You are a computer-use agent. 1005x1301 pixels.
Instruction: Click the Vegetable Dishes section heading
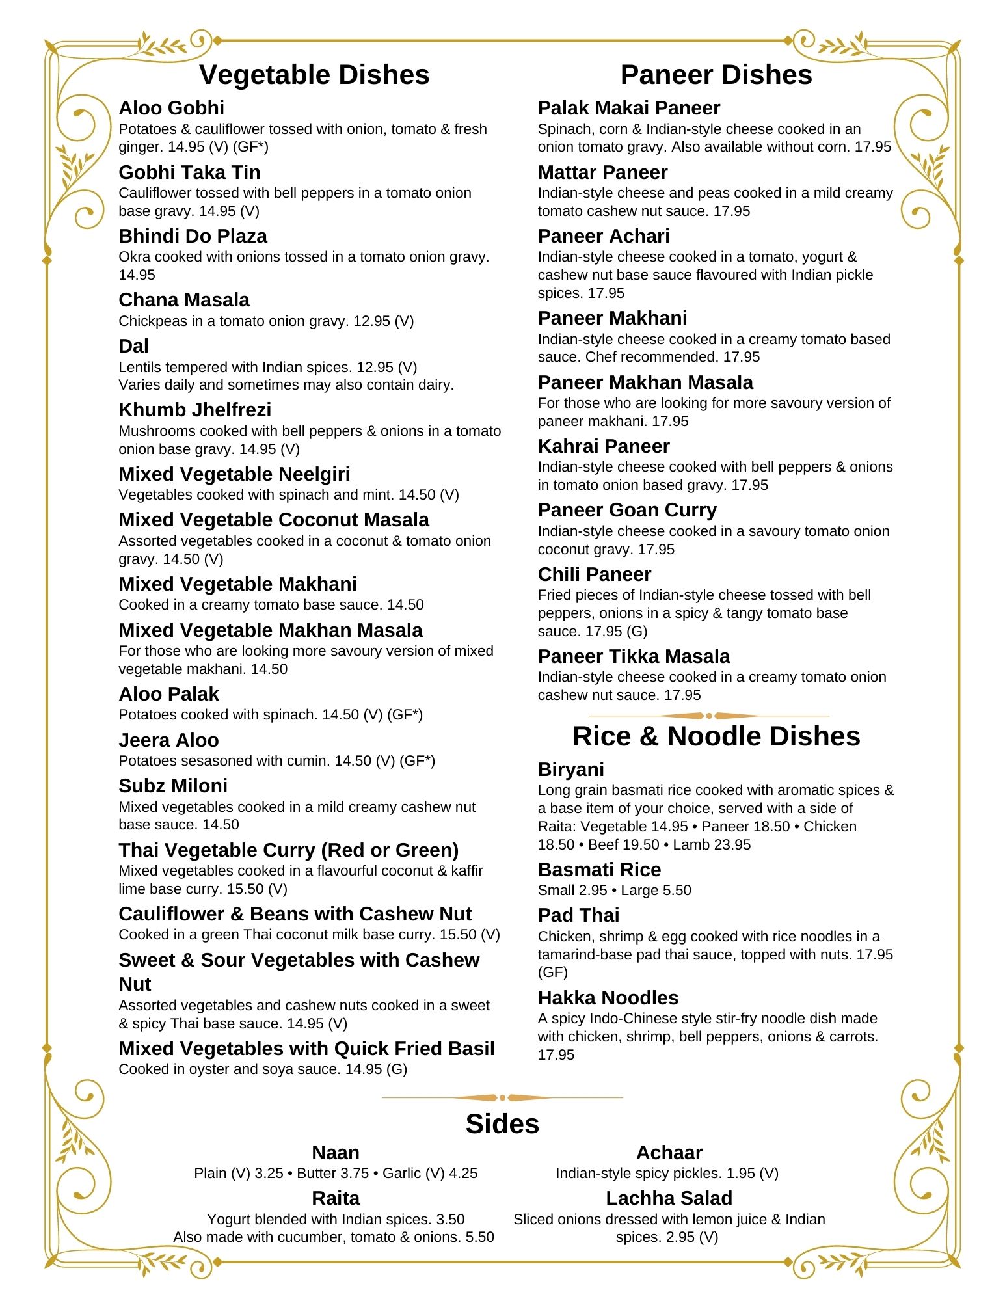314,75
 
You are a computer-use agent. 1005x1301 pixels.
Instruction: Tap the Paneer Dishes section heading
716,75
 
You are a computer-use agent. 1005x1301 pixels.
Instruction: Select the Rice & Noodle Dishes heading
716,736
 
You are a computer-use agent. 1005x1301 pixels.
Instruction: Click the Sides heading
502,1124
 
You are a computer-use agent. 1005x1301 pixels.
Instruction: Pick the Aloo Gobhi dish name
171,108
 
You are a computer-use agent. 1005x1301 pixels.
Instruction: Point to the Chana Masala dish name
184,300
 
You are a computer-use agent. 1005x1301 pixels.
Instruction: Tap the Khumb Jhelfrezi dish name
194,410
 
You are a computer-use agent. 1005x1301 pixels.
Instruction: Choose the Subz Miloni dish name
173,786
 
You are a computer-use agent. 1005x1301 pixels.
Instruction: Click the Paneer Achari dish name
603,236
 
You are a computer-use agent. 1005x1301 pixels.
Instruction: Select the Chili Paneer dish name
594,574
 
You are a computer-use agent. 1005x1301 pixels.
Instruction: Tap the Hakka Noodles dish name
608,998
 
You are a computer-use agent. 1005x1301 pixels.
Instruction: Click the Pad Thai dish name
578,915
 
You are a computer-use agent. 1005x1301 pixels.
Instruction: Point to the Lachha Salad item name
669,1198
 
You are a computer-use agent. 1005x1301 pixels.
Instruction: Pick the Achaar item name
669,1153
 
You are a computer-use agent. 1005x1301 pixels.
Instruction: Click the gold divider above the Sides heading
502,1097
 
